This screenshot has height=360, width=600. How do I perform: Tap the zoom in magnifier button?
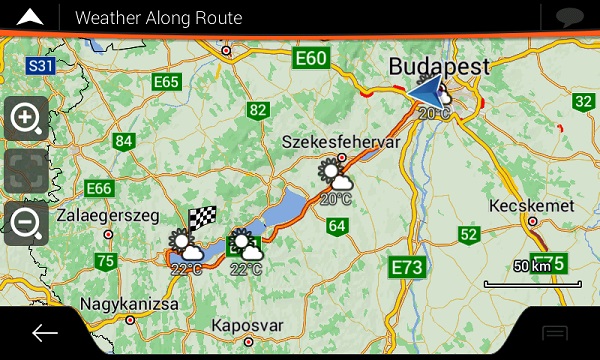tap(26, 119)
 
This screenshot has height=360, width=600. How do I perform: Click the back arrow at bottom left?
tap(45, 333)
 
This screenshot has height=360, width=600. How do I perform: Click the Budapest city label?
tap(439, 66)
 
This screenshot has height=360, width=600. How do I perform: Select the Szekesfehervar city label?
tap(341, 142)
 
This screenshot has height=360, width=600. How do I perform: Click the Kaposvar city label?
tap(250, 327)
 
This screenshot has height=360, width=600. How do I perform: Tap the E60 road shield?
tap(311, 59)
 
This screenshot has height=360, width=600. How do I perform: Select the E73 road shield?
tap(408, 267)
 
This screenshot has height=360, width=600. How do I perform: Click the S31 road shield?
tap(40, 66)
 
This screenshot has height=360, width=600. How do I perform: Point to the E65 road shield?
tap(167, 81)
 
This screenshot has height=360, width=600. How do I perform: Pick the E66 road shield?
tap(100, 188)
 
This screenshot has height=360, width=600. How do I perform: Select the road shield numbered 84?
tap(124, 141)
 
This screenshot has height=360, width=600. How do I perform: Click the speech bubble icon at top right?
tap(569, 17)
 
